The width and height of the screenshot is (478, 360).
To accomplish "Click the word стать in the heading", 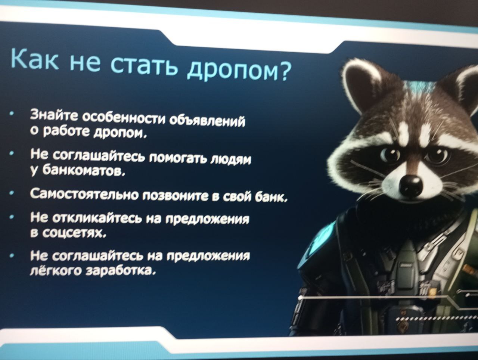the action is coord(143,65).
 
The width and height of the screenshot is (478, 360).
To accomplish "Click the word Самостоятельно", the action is coord(84,194).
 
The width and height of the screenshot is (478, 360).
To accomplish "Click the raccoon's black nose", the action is coord(411,186).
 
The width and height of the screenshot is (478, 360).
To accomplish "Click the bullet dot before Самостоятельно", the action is coord(13,193).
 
